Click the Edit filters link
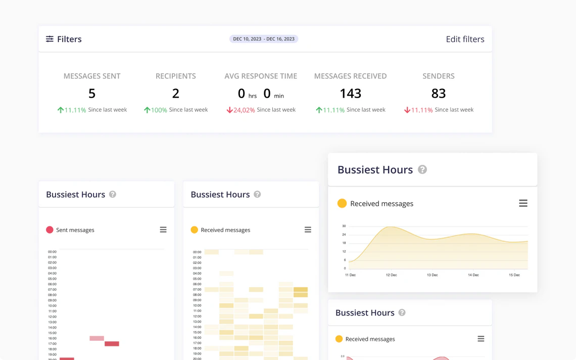click(x=465, y=39)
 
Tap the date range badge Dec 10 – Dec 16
click(x=264, y=39)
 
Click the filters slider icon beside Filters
click(x=50, y=39)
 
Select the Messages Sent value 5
click(x=92, y=94)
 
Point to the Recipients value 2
click(x=175, y=94)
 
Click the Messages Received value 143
click(x=350, y=94)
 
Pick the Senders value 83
click(x=438, y=94)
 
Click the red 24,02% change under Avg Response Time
click(x=244, y=110)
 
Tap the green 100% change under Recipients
click(x=159, y=110)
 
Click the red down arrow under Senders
click(x=407, y=110)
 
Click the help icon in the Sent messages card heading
click(x=113, y=194)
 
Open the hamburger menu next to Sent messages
click(x=163, y=230)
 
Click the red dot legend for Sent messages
click(x=50, y=230)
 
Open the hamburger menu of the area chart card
click(x=523, y=203)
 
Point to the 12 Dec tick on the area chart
click(x=391, y=275)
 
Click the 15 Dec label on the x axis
click(x=514, y=275)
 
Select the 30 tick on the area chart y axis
click(x=344, y=226)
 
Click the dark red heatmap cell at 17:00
click(x=112, y=344)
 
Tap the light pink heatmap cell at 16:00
click(x=97, y=338)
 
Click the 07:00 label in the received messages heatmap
click(x=197, y=290)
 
